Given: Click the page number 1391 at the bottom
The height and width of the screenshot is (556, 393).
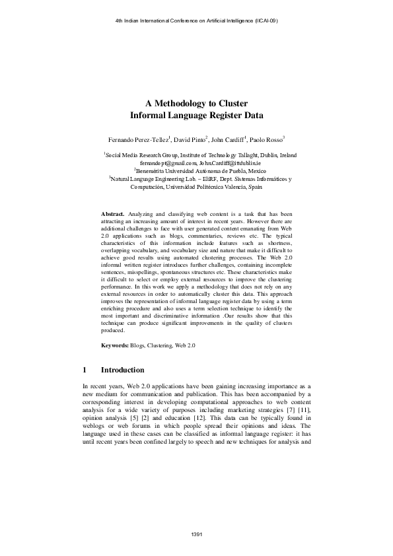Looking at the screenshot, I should pyautogui.click(x=196, y=533).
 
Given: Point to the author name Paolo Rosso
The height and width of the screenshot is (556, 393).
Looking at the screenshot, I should pyautogui.click(x=269, y=140).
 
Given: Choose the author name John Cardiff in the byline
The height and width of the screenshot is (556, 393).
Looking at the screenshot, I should pyautogui.click(x=229, y=140).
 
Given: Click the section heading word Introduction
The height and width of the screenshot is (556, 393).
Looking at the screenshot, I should pyautogui.click(x=122, y=370).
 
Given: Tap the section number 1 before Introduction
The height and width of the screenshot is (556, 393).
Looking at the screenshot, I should pyautogui.click(x=85, y=370).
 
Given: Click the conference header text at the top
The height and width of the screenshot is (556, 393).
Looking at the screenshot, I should pyautogui.click(x=196, y=21).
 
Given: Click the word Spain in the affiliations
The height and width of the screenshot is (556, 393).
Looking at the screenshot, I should pyautogui.click(x=254, y=186).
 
